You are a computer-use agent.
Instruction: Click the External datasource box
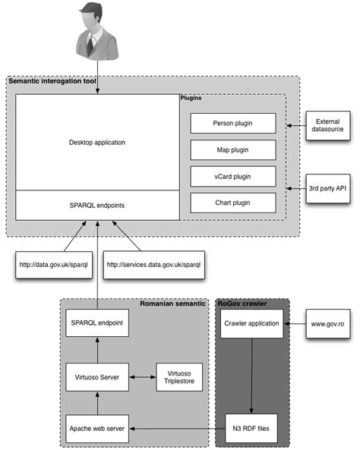[327, 124]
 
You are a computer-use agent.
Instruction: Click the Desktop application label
[97, 142]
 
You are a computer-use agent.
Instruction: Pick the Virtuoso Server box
[95, 374]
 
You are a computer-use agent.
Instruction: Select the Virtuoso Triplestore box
[178, 374]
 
